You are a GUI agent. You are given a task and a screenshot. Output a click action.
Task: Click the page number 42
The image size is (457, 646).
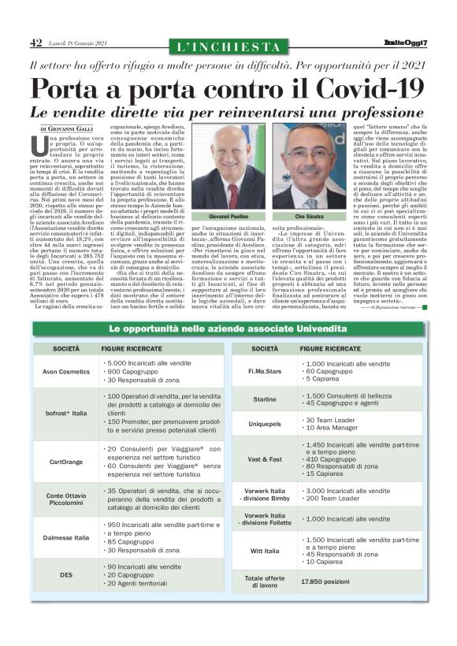tap(35, 42)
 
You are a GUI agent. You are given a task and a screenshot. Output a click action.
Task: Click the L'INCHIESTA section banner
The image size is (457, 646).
tap(228, 46)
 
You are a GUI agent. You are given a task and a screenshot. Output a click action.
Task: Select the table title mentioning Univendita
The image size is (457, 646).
tap(228, 327)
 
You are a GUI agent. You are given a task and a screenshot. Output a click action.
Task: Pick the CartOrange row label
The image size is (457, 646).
tap(65, 462)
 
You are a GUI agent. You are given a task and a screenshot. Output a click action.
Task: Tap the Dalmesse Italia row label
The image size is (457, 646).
tap(65, 537)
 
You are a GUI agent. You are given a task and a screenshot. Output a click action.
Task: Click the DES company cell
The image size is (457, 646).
tap(65, 575)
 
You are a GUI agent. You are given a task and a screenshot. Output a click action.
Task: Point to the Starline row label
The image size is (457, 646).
tap(265, 399)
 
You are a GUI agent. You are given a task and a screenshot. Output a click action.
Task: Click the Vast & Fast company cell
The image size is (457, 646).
tap(265, 458)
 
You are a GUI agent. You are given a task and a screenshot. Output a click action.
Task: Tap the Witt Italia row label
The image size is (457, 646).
tap(265, 551)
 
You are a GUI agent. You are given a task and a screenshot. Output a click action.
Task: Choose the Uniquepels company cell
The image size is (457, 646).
tap(265, 425)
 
